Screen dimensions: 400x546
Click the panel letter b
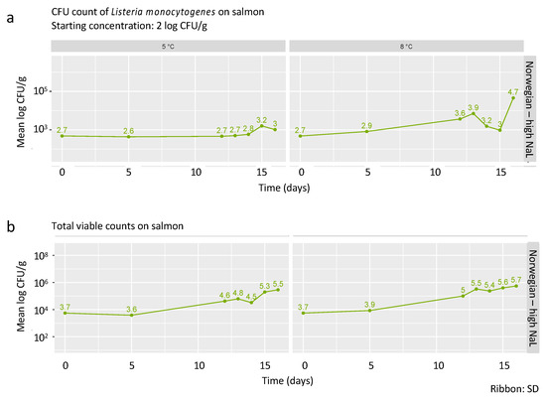9,226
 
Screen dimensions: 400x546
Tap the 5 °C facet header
171,47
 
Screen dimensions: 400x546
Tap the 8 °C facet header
405,47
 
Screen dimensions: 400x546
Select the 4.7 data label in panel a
513,91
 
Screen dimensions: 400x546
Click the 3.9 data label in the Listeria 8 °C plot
473,108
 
